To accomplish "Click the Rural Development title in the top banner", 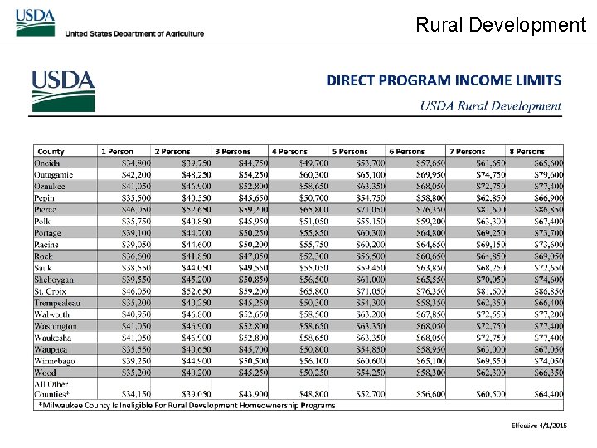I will click(501, 25).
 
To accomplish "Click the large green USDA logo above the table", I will click(63, 90).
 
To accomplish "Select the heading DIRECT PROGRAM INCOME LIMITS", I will click(444, 80).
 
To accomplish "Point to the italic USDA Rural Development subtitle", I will click(490, 105).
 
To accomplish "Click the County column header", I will click(51, 152).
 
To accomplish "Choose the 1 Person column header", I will click(117, 152).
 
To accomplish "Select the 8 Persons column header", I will click(527, 152).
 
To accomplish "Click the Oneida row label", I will click(47, 163).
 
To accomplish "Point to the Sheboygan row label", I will click(54, 280).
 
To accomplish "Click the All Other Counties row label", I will click(52, 388).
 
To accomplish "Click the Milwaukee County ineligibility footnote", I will click(187, 406).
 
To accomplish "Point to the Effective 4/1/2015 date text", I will click(539, 425).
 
